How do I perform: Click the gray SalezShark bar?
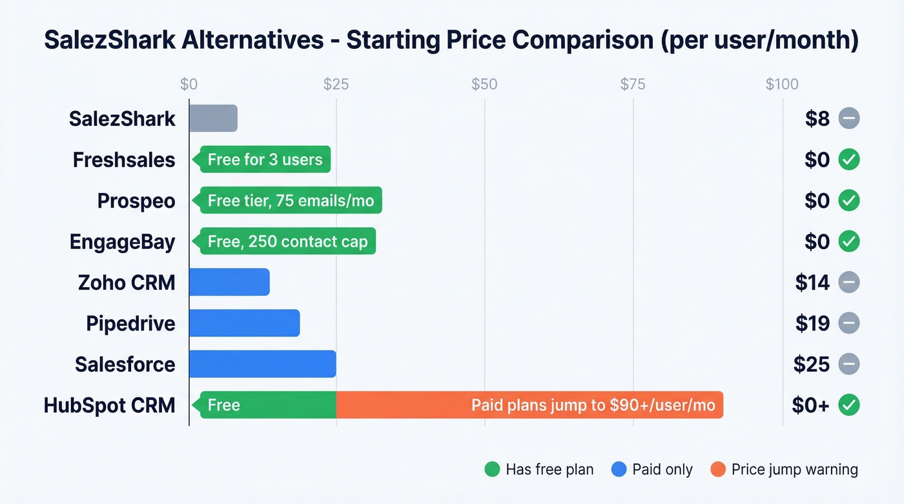213,119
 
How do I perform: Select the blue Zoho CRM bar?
229,282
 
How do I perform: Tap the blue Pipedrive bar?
244,323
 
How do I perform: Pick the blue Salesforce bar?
262,364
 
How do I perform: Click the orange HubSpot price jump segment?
529,405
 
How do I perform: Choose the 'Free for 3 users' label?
265,159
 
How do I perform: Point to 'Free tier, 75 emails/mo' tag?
291,201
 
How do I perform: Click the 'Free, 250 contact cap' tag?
287,242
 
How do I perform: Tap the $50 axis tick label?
484,84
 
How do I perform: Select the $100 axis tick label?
782,84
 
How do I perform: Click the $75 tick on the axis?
633,84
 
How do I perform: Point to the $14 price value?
812,282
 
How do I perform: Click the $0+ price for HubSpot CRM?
810,405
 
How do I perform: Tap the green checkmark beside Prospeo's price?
849,201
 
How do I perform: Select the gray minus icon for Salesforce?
849,364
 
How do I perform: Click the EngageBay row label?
123,242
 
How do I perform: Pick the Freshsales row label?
124,159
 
